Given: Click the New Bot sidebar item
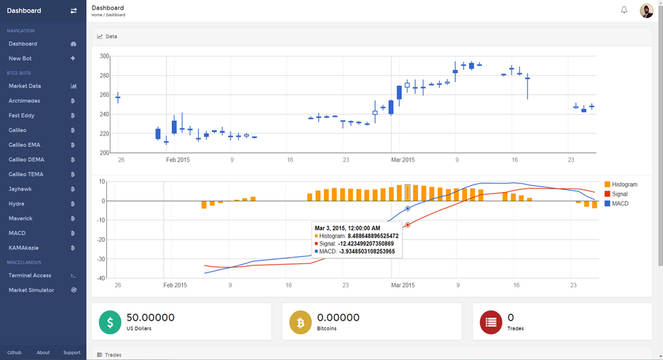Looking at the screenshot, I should point(21,58).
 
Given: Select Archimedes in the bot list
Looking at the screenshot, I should point(24,101).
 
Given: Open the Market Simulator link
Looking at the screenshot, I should point(31,290).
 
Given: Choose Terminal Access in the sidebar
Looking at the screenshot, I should point(30,275).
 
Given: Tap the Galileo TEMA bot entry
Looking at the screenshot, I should point(26,174).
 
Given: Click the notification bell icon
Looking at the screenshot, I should point(624,10).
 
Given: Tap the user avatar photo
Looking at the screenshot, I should point(646,10).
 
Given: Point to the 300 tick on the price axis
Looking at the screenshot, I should point(104,56).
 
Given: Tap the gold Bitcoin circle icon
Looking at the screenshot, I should point(300,321).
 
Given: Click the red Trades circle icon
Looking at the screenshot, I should point(490,321).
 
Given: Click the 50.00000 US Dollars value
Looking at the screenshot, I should point(150,317).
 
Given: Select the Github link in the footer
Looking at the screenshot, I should point(15,352).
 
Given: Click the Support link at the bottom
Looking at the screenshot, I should point(72,352).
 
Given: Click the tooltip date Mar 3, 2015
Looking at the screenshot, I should point(347,227).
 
